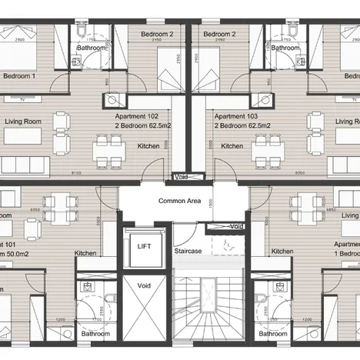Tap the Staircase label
click(x=187, y=252)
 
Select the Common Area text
click(x=179, y=201)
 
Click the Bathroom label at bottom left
click(x=96, y=335)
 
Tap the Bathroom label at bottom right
click(x=273, y=335)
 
